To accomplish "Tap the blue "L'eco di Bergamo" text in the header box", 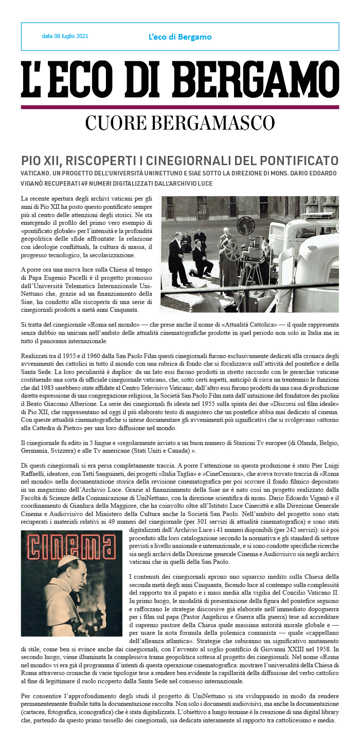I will (179, 37).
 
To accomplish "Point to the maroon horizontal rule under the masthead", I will (180, 107).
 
